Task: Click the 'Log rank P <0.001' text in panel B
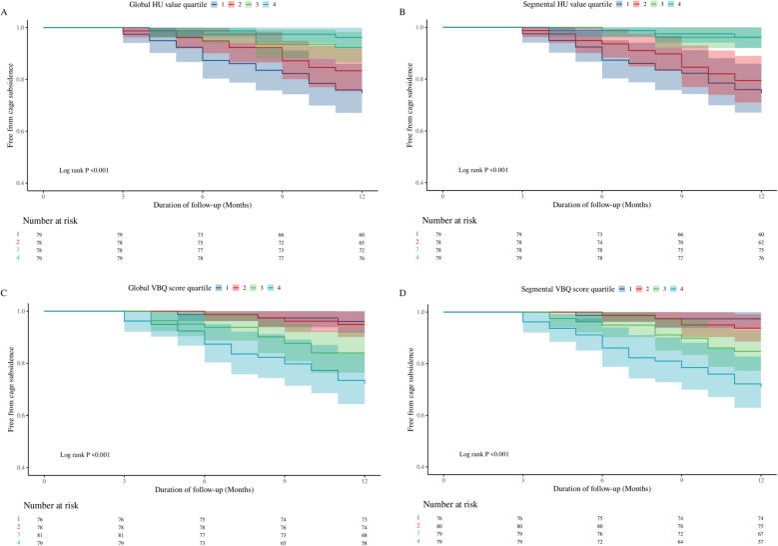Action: pyautogui.click(x=486, y=170)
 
